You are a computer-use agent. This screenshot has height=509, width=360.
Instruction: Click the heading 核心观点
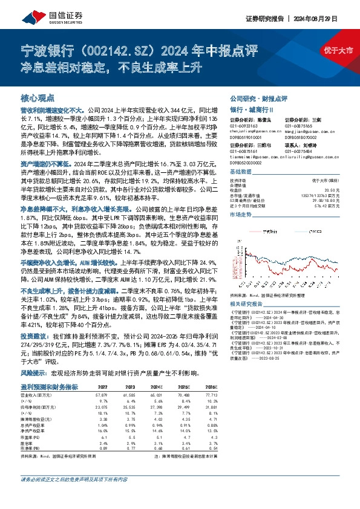(x=38, y=97)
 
